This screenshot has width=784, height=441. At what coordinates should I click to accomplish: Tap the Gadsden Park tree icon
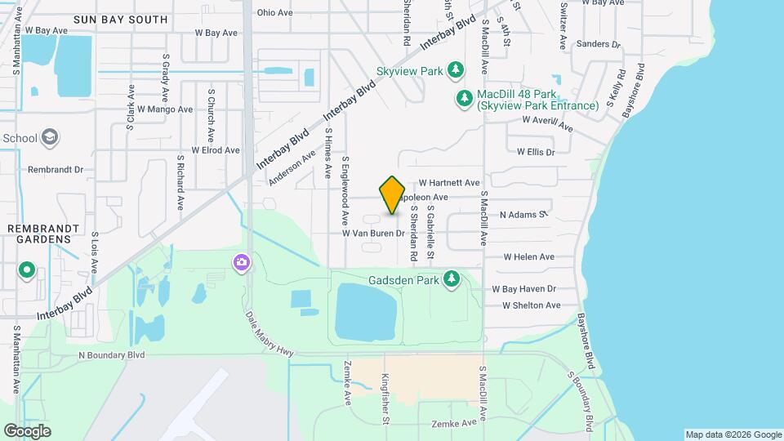click(451, 280)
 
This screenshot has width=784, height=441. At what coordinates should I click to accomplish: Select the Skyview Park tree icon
click(456, 71)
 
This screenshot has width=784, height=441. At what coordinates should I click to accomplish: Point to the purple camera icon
click(241, 262)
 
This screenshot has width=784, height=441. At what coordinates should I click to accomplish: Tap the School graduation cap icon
click(50, 137)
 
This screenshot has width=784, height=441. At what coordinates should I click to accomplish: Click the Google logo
click(27, 430)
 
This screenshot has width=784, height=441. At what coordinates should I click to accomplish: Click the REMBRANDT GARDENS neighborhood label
click(44, 234)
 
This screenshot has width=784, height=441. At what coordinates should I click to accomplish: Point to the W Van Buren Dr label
click(373, 234)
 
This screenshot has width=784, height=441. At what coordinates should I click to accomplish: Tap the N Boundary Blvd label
click(111, 355)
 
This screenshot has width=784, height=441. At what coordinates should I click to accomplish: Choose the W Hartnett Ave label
click(449, 183)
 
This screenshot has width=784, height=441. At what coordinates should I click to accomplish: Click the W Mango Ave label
click(165, 109)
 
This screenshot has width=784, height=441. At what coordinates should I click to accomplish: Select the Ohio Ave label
click(274, 12)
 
